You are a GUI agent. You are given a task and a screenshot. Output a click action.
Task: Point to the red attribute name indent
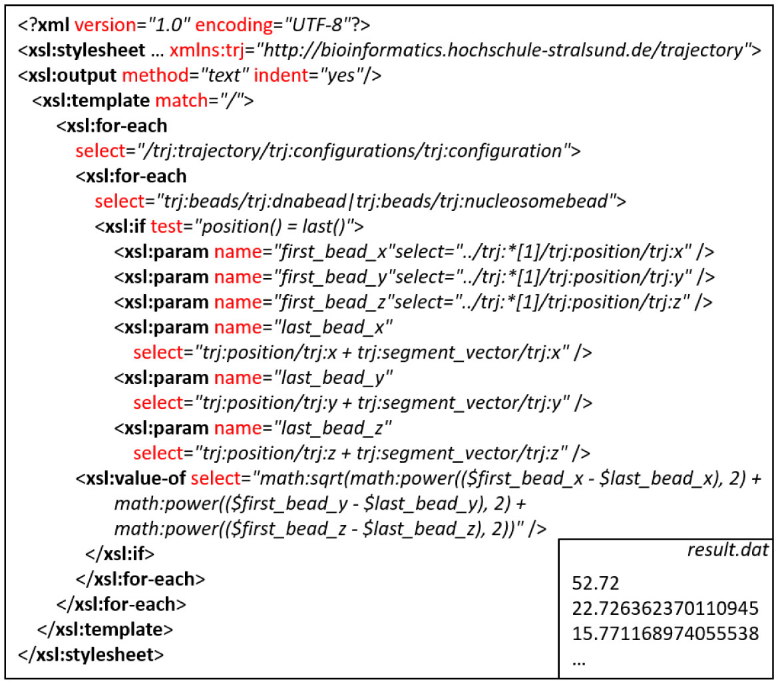tap(278, 75)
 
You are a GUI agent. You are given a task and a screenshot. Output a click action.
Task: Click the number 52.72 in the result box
tap(596, 584)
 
